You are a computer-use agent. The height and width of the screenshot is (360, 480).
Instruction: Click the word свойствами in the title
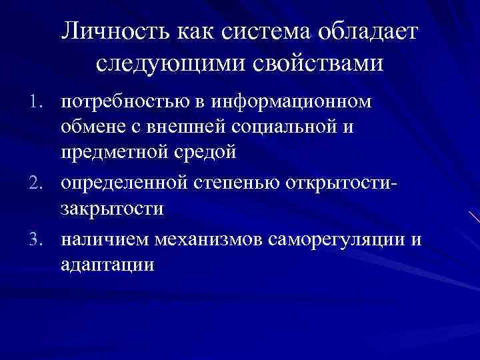(316, 64)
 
